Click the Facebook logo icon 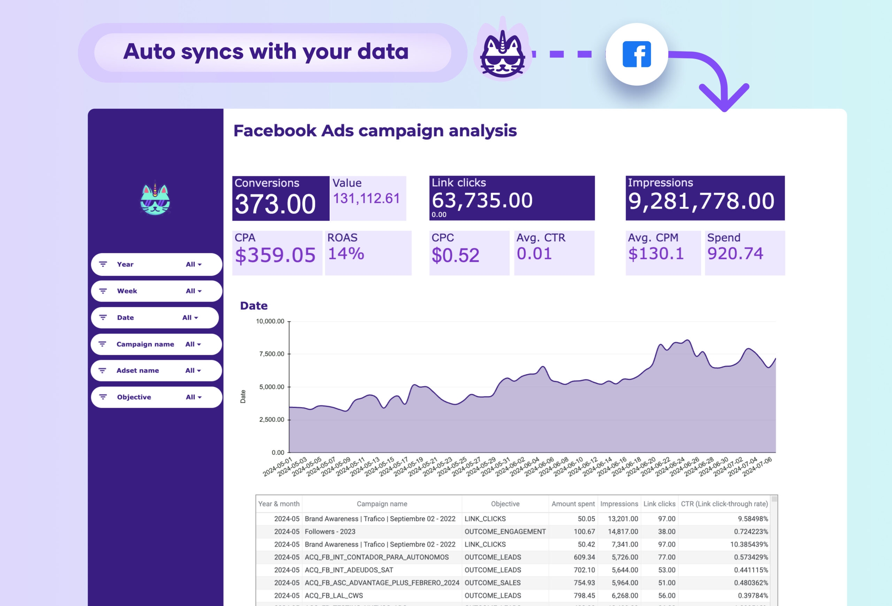[636, 54]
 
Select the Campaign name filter [156, 344]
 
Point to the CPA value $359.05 [275, 255]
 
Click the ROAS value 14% [345, 254]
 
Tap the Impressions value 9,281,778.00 [701, 201]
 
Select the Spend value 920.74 [735, 254]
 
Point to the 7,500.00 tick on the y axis [271, 353]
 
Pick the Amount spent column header [573, 504]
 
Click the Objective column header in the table [505, 504]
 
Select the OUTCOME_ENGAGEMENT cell [505, 531]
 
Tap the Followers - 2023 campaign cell [330, 531]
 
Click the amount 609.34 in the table [584, 557]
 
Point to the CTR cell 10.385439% [749, 544]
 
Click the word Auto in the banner [149, 52]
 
